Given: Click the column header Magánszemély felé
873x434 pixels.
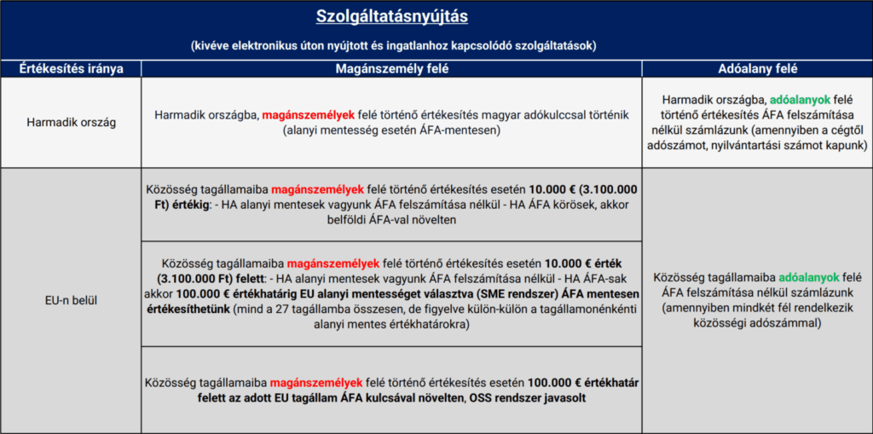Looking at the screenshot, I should pyautogui.click(x=391, y=68).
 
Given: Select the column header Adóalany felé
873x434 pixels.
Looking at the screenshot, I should pyautogui.click(x=756, y=68).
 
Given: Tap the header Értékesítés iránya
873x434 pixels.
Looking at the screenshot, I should pyautogui.click(x=72, y=68).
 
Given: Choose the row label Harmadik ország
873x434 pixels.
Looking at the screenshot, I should pyautogui.click(x=72, y=122).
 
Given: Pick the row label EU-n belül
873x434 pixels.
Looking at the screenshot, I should pyautogui.click(x=72, y=301).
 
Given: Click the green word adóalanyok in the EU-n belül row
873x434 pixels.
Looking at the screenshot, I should pyautogui.click(x=806, y=277).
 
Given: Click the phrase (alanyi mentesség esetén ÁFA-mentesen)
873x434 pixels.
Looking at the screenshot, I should pyautogui.click(x=391, y=130).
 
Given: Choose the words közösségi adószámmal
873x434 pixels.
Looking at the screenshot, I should pyautogui.click(x=756, y=325).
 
